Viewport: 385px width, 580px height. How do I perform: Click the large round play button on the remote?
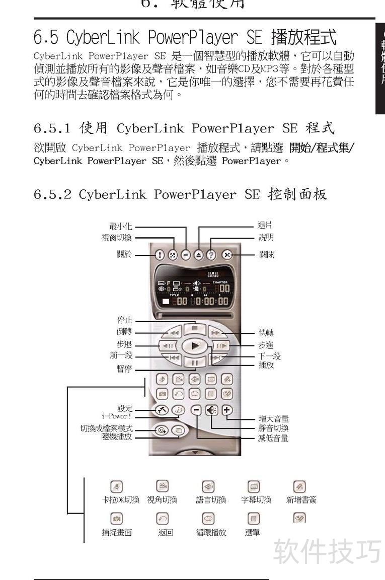196,346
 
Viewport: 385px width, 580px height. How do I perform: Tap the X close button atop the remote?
227,255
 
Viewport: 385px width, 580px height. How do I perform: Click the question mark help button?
211,255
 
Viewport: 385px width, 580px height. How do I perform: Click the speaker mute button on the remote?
211,410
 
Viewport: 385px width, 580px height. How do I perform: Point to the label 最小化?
120,227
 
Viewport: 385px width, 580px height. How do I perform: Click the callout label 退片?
265,226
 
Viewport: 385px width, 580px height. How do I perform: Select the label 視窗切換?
117,238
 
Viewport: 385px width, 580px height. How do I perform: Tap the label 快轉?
266,333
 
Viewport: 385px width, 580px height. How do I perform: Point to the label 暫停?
124,369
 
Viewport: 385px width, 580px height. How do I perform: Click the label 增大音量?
273,419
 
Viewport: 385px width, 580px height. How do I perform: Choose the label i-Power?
117,416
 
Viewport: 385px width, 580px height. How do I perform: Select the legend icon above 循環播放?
208,518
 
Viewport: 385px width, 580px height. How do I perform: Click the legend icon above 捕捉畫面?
117,518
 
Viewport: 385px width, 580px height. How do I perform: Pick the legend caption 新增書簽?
301,500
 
